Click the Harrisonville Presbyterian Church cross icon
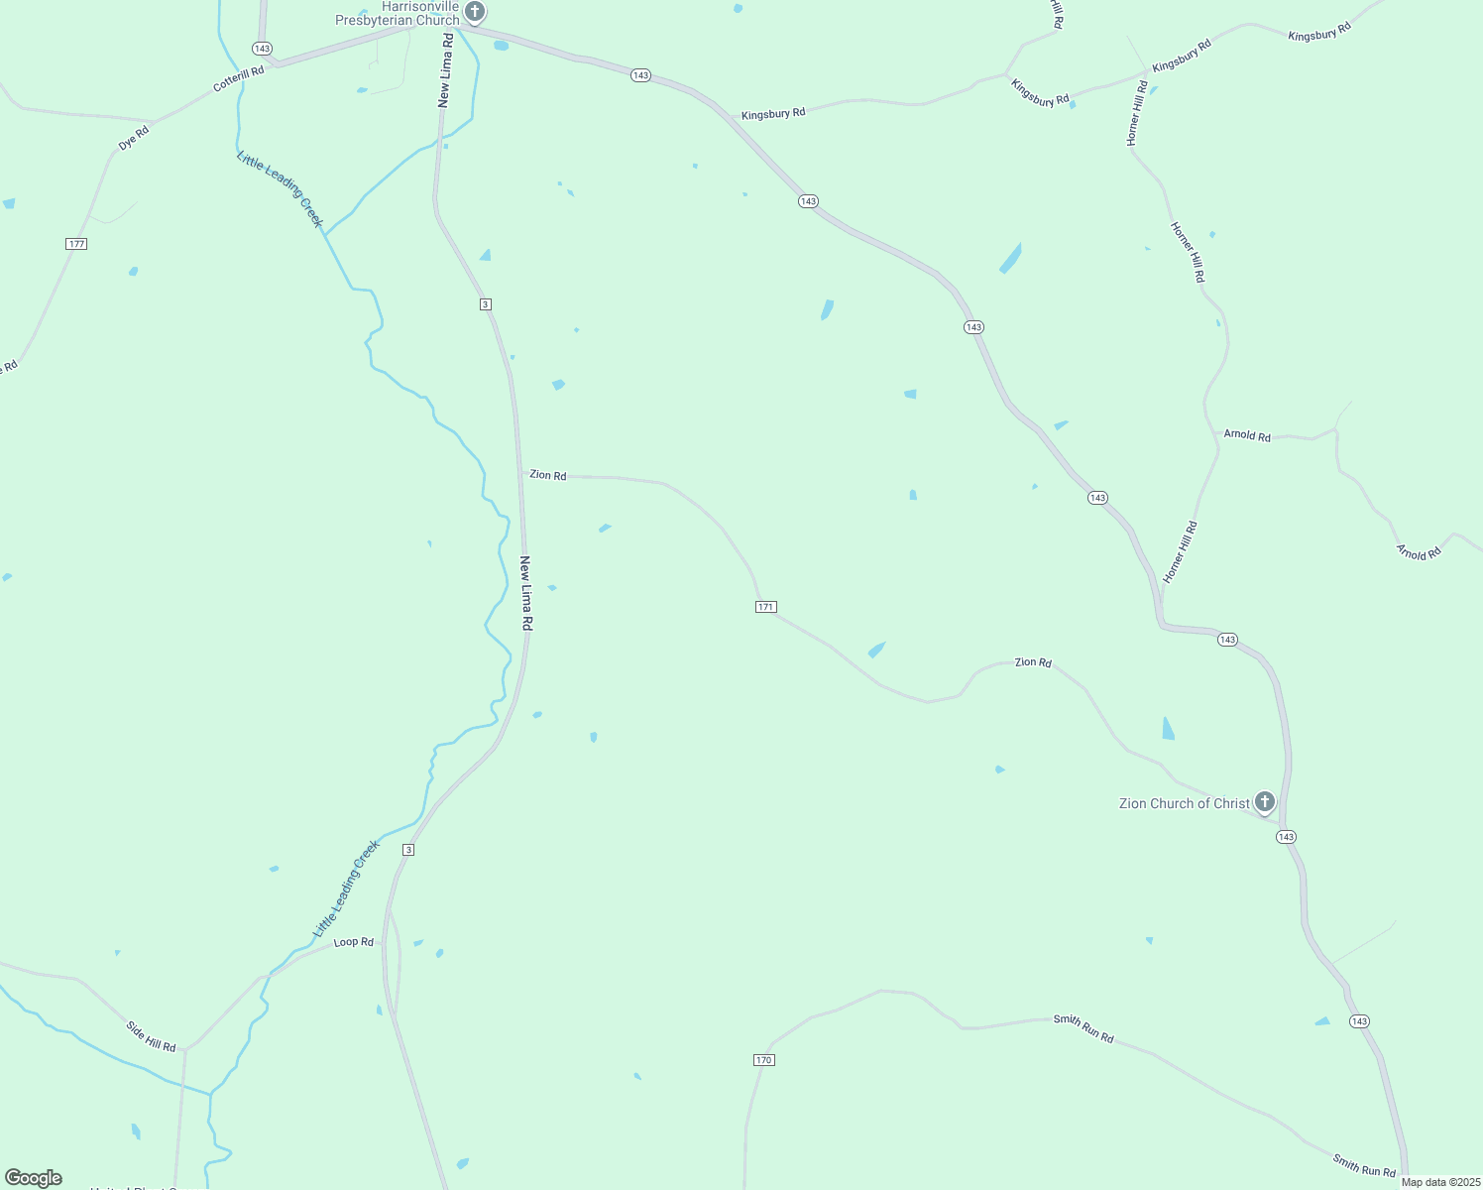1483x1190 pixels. point(475,12)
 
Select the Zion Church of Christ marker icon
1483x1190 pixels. point(1264,801)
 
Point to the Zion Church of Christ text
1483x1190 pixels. point(1184,804)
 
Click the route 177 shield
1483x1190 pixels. point(76,244)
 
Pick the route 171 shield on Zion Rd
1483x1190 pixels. point(765,607)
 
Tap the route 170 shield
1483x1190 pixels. point(763,1060)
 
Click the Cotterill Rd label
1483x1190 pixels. point(239,79)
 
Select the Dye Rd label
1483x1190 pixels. point(134,138)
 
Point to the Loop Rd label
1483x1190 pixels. point(353,942)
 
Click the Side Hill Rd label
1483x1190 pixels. point(151,1036)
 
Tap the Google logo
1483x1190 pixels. point(34,1178)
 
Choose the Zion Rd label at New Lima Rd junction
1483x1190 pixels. point(548,476)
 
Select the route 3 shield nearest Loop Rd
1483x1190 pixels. point(408,850)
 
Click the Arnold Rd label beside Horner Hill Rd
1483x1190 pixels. point(1247,435)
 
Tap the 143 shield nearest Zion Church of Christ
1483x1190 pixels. point(1286,837)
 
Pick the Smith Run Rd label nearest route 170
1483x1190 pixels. point(1084,1028)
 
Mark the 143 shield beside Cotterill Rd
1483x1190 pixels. point(262,49)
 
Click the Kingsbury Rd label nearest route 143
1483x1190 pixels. point(773,114)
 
